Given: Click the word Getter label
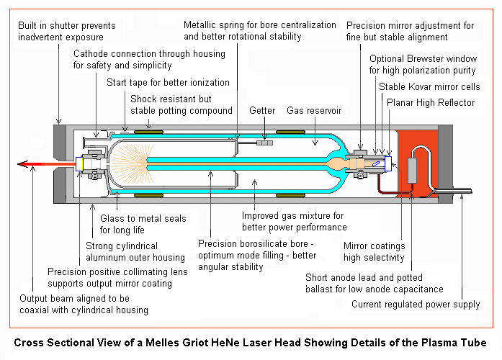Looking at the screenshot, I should (263, 111).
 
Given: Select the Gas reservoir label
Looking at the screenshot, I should (314, 111).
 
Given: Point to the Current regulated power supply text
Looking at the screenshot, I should (416, 305).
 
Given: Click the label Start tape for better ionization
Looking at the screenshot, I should (168, 82).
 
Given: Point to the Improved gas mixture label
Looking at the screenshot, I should (294, 221).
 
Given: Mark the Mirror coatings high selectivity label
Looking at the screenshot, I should (374, 251).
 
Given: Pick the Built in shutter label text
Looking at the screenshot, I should (67, 31).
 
